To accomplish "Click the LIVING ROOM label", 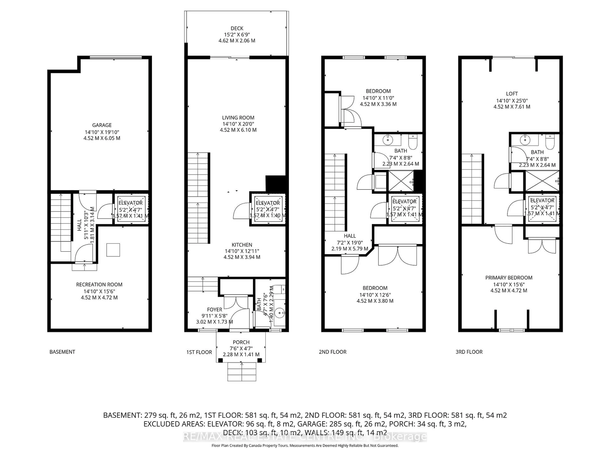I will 238,118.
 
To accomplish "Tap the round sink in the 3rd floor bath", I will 525,140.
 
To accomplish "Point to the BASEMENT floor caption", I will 62,352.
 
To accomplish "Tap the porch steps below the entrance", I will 242,372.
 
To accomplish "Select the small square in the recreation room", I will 113,250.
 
